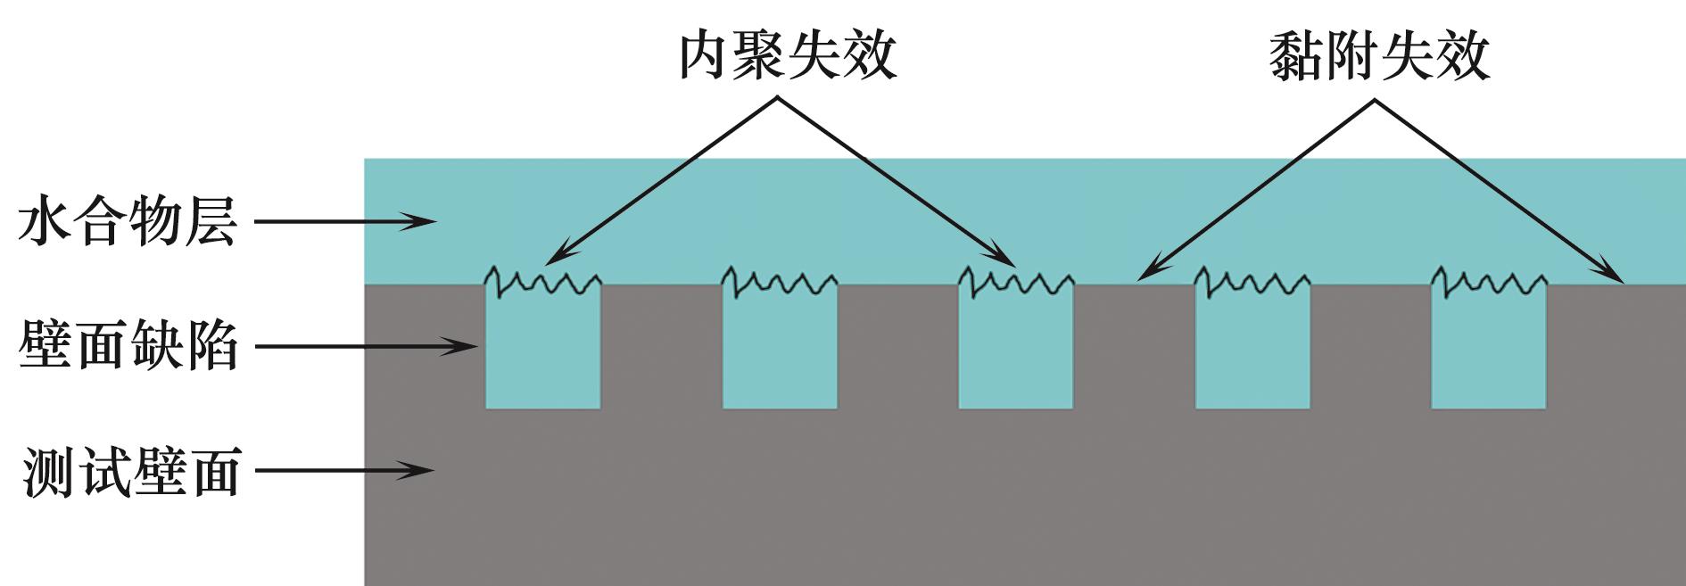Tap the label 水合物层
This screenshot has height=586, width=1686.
pos(128,222)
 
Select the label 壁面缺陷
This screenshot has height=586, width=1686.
pos(128,346)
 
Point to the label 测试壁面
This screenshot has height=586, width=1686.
pos(131,472)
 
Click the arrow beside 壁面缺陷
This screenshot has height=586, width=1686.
pos(367,346)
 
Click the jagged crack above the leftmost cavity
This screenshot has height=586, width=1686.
pos(542,282)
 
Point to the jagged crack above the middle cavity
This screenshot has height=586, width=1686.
pos(1016,282)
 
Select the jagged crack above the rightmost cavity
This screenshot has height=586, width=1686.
pos(1489,282)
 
